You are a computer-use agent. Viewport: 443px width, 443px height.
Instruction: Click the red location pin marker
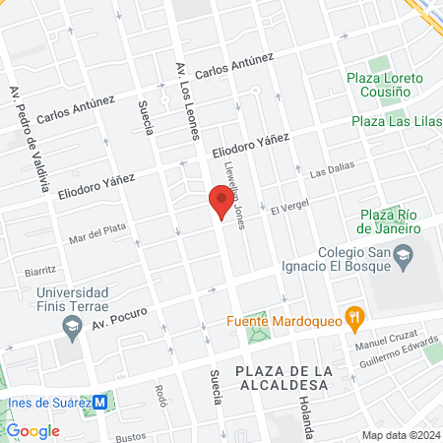tap(221, 203)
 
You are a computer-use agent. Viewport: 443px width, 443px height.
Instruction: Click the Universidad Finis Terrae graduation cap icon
tap(71, 326)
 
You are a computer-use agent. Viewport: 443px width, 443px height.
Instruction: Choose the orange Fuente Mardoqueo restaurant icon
tap(356, 318)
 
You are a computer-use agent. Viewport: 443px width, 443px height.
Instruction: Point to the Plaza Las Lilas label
tap(395, 121)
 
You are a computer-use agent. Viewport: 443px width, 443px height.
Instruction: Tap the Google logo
tap(32, 430)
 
